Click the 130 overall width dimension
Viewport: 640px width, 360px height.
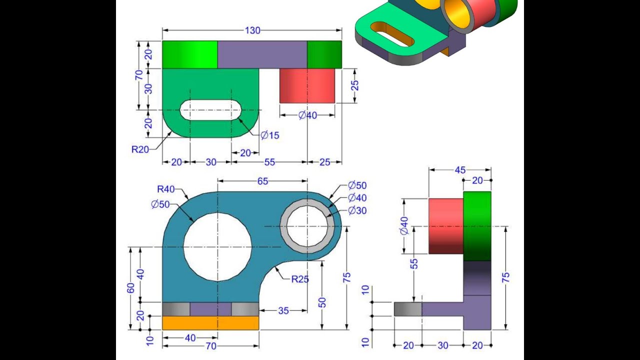252,30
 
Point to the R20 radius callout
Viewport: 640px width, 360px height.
140,149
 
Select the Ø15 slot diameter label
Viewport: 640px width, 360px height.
269,135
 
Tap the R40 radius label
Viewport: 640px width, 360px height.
166,189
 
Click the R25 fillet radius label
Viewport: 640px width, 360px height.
300,279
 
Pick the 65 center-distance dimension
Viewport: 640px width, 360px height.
262,181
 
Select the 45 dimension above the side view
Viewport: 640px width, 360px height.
459,170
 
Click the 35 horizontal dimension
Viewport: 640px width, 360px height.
283,310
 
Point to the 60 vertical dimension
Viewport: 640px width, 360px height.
131,288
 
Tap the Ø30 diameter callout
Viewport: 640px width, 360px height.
357,210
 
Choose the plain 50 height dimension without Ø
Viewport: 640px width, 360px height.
322,302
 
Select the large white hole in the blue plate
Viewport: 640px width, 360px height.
217,246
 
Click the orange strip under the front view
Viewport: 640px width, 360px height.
210,323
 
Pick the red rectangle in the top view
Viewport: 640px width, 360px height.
306,85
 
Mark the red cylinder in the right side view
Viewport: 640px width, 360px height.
445,226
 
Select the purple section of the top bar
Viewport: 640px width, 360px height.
262,54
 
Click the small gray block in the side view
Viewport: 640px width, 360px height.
407,309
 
